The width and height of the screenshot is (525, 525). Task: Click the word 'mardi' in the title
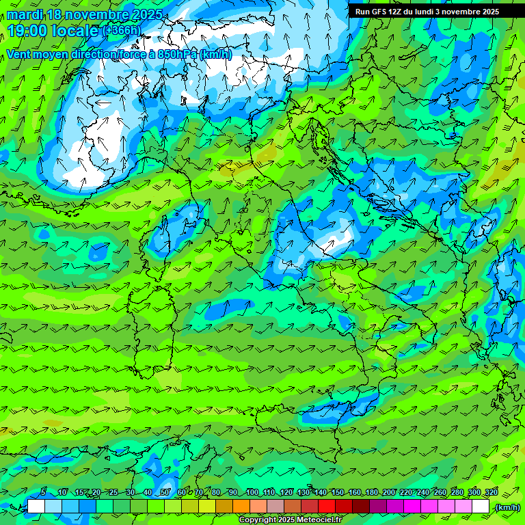tap(25, 14)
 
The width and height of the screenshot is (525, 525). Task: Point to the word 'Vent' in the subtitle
tap(19, 54)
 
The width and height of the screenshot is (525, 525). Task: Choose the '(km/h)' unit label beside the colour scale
tap(507, 507)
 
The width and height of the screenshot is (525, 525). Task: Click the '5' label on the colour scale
tap(43, 493)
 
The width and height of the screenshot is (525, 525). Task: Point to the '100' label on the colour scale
tap(252, 493)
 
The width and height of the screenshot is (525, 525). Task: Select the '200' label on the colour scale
tap(389, 493)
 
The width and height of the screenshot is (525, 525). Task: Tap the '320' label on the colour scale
tap(492, 493)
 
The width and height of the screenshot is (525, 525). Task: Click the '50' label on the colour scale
tap(165, 493)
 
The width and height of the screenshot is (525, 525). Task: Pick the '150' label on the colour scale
tap(338, 493)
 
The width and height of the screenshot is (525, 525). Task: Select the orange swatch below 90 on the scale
tap(241, 507)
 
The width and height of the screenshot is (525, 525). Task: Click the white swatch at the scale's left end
tap(36, 507)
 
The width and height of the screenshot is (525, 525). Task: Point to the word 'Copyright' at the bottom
tap(258, 520)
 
